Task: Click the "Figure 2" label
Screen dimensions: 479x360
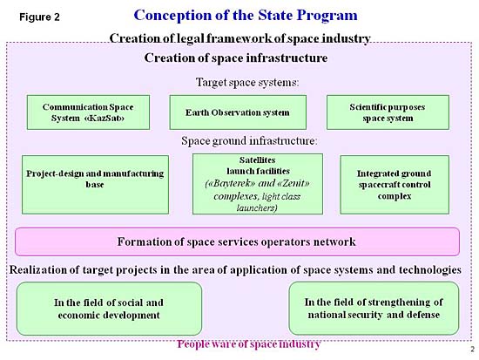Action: [39, 17]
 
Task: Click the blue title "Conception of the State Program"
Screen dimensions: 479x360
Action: [246, 16]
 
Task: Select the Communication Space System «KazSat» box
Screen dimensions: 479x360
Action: [88, 112]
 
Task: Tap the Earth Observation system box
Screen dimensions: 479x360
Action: [238, 112]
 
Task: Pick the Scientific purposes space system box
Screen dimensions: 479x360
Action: [388, 112]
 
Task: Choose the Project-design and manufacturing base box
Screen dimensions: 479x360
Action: [95, 185]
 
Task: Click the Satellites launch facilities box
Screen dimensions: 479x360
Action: [258, 184]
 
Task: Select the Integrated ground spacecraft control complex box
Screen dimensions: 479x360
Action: [395, 185]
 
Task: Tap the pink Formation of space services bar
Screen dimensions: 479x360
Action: [238, 241]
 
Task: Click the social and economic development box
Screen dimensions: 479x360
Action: [109, 309]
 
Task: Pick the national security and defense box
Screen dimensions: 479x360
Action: [374, 308]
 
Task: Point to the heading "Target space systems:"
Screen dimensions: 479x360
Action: [247, 82]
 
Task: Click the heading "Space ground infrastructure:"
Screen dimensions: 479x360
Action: [249, 140]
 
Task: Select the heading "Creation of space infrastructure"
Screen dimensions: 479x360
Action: [236, 58]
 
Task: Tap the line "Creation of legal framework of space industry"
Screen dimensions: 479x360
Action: [239, 38]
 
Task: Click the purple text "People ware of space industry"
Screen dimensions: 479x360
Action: [249, 344]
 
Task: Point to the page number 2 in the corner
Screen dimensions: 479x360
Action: [472, 350]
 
